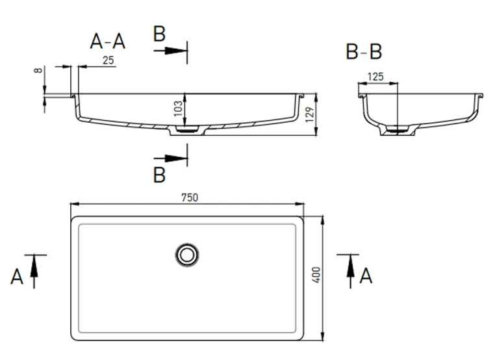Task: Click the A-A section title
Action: coord(108,42)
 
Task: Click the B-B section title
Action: coord(364,52)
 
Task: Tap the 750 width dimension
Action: coord(190,198)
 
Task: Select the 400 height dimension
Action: coord(316,275)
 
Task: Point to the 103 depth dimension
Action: coord(179,109)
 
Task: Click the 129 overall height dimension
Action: coord(310,114)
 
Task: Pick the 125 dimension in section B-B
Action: coord(375,77)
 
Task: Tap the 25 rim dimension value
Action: coord(108,60)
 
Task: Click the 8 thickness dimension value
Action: coord(38,70)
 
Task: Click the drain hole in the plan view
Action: coord(187,255)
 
